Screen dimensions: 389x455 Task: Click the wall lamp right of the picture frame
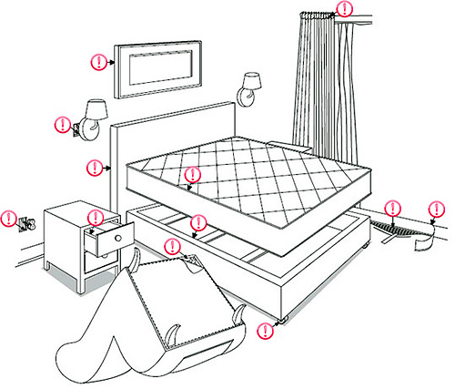click(250, 87)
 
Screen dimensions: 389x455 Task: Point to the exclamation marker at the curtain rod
click(344, 10)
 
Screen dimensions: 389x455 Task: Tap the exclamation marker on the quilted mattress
click(192, 174)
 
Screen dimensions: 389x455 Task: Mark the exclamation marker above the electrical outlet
click(9, 218)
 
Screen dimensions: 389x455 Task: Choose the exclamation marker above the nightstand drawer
click(95, 217)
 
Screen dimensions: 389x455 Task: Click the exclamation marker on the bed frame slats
click(198, 222)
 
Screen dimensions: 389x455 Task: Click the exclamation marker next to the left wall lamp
click(62, 123)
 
